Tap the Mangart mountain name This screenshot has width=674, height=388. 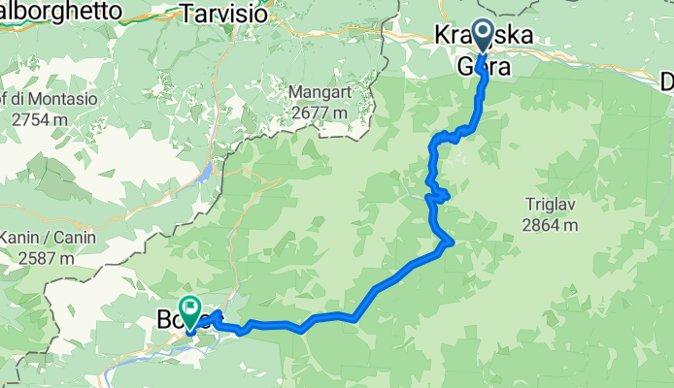[320, 93]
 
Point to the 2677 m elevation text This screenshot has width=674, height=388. [320, 112]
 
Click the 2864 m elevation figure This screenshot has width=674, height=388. [550, 225]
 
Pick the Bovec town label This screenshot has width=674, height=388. [169, 319]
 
